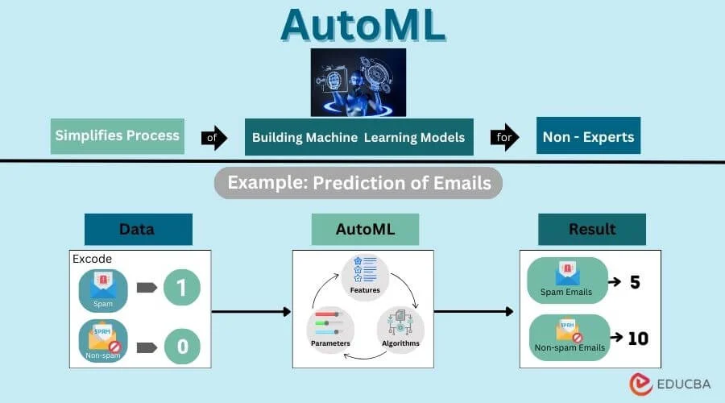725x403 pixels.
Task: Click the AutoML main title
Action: coord(362,25)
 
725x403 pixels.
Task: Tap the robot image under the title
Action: coord(358,82)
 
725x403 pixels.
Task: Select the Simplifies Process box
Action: coord(118,135)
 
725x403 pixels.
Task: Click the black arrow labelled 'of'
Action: coord(213,138)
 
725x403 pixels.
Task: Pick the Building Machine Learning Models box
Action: coord(358,137)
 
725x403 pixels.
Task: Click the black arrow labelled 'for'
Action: coord(503,138)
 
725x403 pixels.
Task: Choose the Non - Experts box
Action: coord(588,137)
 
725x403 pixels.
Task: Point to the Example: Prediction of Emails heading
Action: coord(358,183)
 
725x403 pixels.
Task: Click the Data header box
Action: coord(138,229)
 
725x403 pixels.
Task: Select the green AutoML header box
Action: coord(365,229)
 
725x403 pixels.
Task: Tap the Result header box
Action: coord(591,229)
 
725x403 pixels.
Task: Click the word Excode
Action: coord(93,259)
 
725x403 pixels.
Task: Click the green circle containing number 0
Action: coord(181,347)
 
